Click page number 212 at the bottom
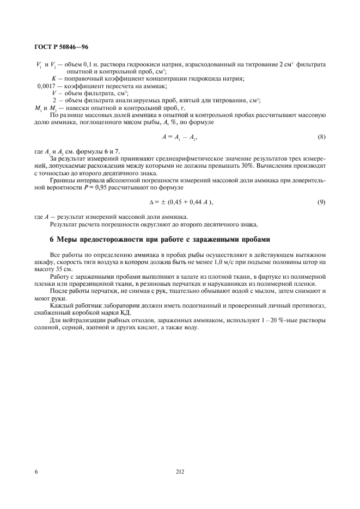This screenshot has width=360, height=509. coord(180,471)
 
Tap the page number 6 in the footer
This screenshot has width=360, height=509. coord(36,471)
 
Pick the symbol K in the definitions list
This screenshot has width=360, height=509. coord(61,79)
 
